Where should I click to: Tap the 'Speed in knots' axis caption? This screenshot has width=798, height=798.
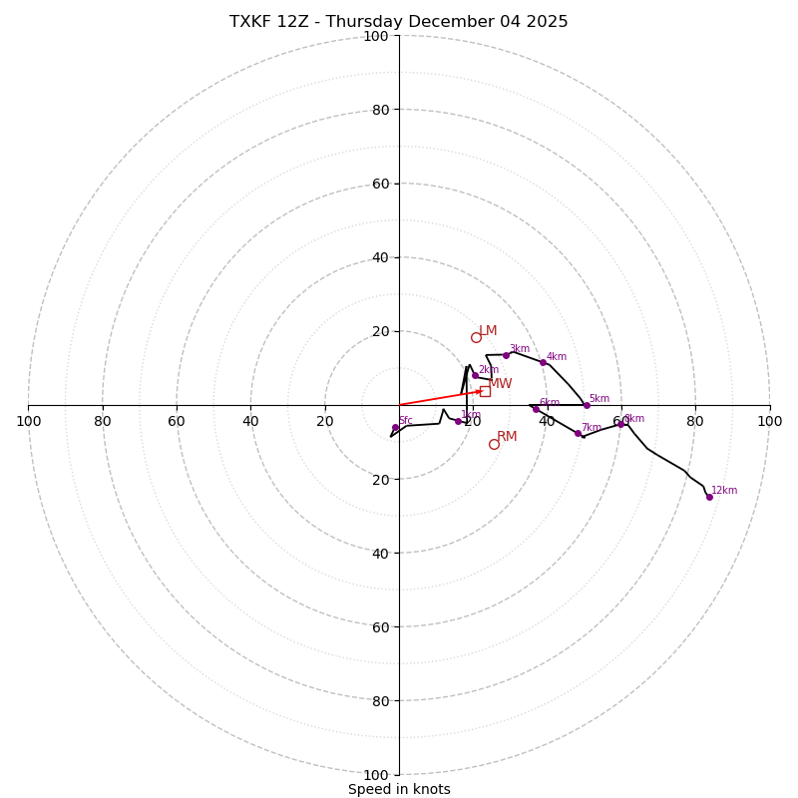pos(399,789)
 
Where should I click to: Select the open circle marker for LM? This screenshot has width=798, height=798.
pos(476,337)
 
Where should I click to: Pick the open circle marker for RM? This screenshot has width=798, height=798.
pos(494,444)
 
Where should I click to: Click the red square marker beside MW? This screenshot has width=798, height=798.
pos(485,391)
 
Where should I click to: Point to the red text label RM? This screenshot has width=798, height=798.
pos(507,437)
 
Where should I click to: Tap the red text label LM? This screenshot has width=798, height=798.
pos(488,331)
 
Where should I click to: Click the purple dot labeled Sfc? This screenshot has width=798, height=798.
pos(395,428)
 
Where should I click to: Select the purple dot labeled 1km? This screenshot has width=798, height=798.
pos(458,421)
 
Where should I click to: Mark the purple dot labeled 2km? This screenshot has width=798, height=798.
pos(475,376)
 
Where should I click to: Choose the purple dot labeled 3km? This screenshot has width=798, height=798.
pos(506,355)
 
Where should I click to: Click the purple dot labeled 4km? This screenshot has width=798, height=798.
pos(543,362)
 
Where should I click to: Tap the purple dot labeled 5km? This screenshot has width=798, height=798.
pos(587,405)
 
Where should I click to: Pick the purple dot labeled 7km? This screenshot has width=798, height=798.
pos(578,433)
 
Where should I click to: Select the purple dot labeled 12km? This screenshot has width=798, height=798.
pos(709,497)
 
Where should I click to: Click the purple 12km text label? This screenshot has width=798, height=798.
pos(724,491)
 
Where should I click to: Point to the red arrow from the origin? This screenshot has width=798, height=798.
pos(439,398)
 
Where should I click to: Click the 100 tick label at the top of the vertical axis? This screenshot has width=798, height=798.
pos(376,36)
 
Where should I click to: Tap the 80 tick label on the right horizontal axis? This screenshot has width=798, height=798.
pos(694,421)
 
